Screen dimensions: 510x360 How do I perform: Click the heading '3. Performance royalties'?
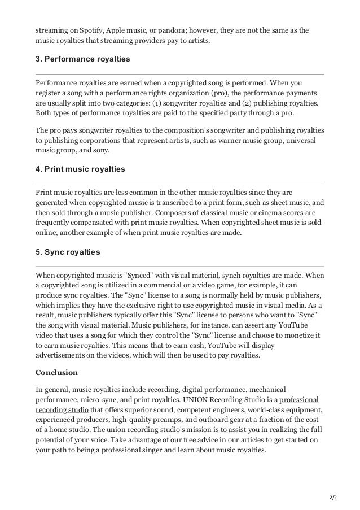click(83, 60)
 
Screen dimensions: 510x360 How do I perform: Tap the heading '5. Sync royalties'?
click(68, 252)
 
